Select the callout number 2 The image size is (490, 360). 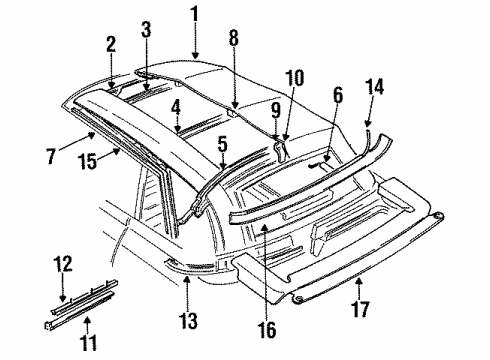coord(110,44)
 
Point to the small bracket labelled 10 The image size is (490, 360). coord(282,148)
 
